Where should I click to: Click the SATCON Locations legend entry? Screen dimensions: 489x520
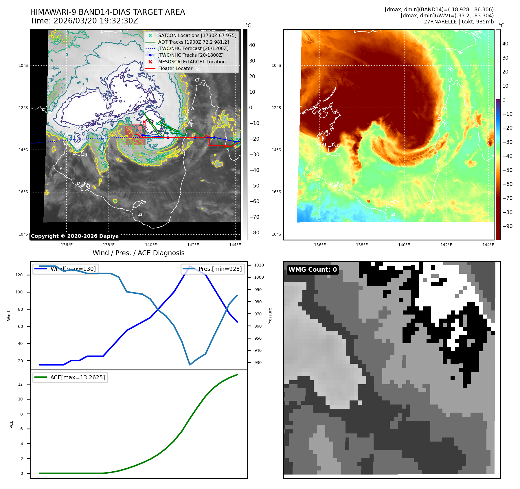coord(197,35)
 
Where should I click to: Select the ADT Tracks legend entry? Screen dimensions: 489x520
coord(193,42)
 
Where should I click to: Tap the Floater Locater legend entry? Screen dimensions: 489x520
coord(175,68)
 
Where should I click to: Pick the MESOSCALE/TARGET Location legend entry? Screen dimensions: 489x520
coord(192,62)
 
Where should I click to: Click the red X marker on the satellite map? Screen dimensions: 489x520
coord(144,122)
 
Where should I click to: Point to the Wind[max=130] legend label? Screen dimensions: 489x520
coord(73,269)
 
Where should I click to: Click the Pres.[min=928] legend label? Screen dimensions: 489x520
coord(220,269)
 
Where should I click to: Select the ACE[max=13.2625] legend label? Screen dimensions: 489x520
coord(78,377)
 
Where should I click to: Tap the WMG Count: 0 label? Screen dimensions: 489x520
coord(313,270)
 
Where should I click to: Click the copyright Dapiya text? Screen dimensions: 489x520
coord(75,236)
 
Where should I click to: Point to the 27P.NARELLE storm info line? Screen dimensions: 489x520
coord(459,22)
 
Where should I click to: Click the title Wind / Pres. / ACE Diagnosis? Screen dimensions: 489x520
coord(138,253)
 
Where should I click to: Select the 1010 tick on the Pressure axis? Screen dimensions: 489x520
coord(259,265)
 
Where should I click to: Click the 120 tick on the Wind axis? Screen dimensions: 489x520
coord(19,275)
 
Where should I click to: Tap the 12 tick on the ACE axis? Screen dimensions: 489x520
coord(21,384)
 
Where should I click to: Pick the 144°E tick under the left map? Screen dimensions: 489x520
coord(235,245)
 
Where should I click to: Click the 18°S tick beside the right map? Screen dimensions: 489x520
coord(276,234)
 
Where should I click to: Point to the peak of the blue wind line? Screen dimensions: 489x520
coord(190,266)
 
